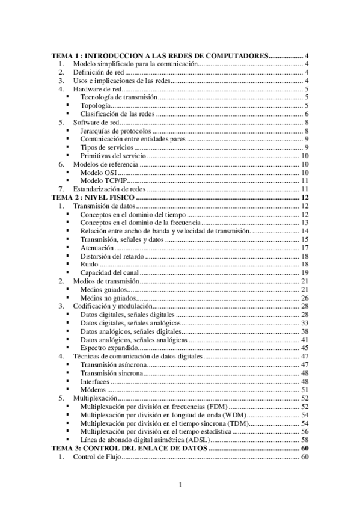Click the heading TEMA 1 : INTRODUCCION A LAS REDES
pos(159,55)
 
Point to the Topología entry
pos(95,105)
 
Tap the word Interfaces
pos(95,381)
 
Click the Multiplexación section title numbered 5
pos(95,398)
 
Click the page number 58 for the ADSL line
pos(305,440)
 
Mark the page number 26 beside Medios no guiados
pos(305,298)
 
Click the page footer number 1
pos(180,485)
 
